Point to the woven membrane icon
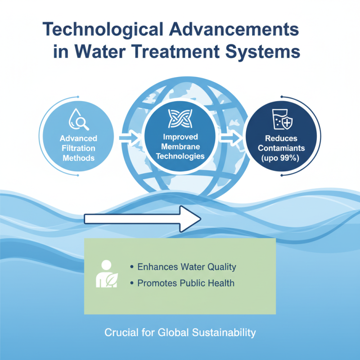[179, 118]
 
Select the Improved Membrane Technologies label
[179, 148]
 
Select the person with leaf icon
[107, 273]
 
